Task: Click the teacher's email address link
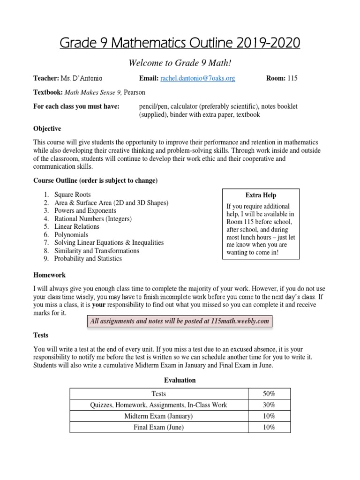(x=197, y=78)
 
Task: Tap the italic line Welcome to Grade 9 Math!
(x=180, y=62)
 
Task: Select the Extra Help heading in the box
(x=261, y=195)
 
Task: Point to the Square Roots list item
(x=73, y=195)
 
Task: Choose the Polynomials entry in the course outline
(x=71, y=234)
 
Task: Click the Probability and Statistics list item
(x=88, y=258)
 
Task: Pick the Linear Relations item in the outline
(x=77, y=226)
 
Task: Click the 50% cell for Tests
(x=269, y=394)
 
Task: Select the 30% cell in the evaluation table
(x=269, y=405)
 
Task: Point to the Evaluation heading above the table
(x=180, y=380)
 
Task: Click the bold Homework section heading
(x=49, y=275)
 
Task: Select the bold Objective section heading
(x=47, y=129)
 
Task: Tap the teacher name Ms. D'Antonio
(x=82, y=78)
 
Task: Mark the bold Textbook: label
(x=47, y=92)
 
